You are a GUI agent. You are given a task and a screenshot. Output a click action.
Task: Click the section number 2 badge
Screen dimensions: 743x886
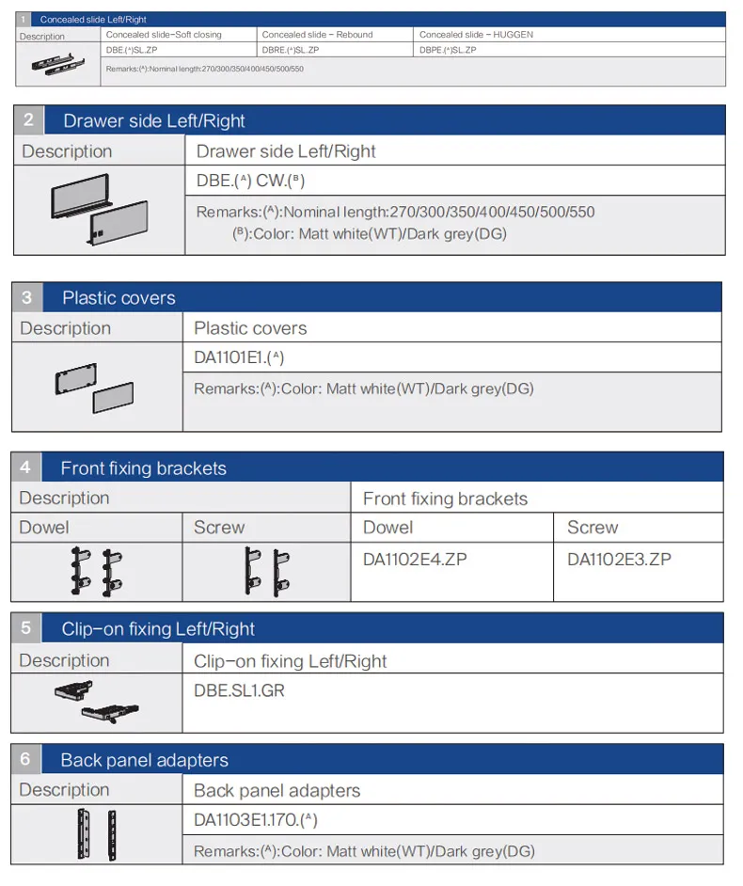point(28,119)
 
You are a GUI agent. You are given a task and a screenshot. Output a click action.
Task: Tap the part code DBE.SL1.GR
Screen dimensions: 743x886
point(239,690)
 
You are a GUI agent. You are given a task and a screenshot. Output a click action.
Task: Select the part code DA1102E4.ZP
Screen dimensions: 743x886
point(415,560)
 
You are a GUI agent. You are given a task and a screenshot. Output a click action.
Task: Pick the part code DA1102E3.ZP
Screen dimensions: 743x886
point(619,560)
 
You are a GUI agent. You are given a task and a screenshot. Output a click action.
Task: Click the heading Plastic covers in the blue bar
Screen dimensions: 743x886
point(119,298)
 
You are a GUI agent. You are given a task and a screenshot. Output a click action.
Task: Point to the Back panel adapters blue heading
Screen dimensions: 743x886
point(144,760)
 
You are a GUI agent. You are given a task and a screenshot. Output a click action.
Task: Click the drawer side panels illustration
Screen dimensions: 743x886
point(100,209)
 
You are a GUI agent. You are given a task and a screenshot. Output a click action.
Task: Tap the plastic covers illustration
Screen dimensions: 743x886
point(94,388)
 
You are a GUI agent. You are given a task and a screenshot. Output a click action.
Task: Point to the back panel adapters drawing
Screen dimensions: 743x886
point(97,834)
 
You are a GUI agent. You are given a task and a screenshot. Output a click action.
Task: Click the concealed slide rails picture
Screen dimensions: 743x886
point(57,64)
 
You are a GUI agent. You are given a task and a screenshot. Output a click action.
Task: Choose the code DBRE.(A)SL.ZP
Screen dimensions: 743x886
point(291,50)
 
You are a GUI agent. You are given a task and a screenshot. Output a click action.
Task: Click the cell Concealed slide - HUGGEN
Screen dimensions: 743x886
point(476,35)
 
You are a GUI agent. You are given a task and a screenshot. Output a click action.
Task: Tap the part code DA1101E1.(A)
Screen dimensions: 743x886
point(239,357)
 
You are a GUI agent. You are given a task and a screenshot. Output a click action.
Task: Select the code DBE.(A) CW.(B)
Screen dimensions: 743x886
point(250,181)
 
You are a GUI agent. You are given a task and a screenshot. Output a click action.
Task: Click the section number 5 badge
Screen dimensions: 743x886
point(26,627)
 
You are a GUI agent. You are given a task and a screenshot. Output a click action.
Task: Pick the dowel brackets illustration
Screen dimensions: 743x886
point(97,571)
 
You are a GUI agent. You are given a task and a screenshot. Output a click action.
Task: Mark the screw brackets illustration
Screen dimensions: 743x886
point(267,571)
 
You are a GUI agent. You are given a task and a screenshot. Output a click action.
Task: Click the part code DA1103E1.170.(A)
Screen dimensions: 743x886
point(256,819)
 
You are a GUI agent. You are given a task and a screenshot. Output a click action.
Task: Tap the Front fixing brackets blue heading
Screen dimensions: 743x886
point(144,467)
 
